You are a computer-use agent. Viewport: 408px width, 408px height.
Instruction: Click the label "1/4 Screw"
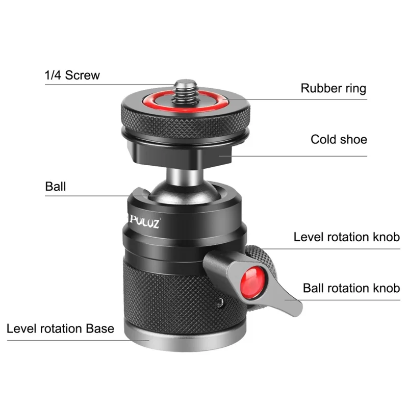[x=72, y=75]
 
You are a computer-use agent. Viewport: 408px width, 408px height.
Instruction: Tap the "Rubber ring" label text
[x=333, y=88]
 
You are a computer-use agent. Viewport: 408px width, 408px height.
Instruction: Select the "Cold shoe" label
[x=339, y=139]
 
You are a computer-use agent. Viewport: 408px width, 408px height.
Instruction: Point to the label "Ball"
[x=56, y=187]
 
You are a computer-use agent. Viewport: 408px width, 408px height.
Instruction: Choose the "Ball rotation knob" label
[x=351, y=288]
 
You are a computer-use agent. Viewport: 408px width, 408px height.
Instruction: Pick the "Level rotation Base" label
[x=60, y=328]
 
